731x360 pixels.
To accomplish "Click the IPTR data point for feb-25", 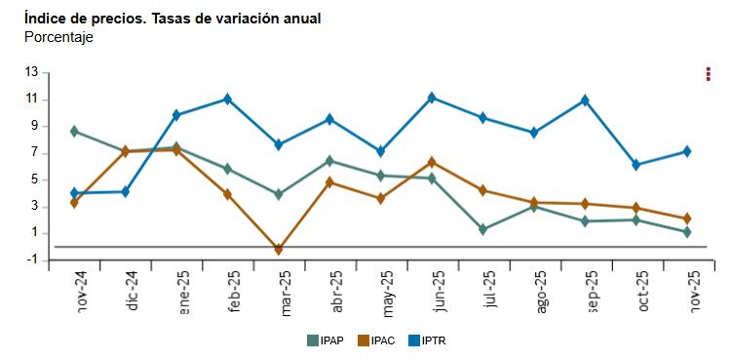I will coord(227,99).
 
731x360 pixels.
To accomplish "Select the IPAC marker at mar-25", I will coord(279,250).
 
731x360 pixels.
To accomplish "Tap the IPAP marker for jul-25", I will coord(483,229).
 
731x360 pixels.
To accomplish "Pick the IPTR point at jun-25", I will coord(432,98).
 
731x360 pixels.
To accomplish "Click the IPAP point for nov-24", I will coord(74,131).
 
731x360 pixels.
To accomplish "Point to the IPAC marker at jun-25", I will coord(432,162).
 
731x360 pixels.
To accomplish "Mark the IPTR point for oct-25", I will coord(636,165).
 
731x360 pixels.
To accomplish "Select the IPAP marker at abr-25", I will coord(329,161).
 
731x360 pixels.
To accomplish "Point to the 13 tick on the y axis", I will coord(31,72).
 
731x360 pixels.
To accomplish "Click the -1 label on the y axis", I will coord(32,260).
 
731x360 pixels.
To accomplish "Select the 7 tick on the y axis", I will coord(34,152).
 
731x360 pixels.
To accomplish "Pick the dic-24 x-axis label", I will coord(133,289).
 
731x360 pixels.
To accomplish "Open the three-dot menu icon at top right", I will coord(708,74).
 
